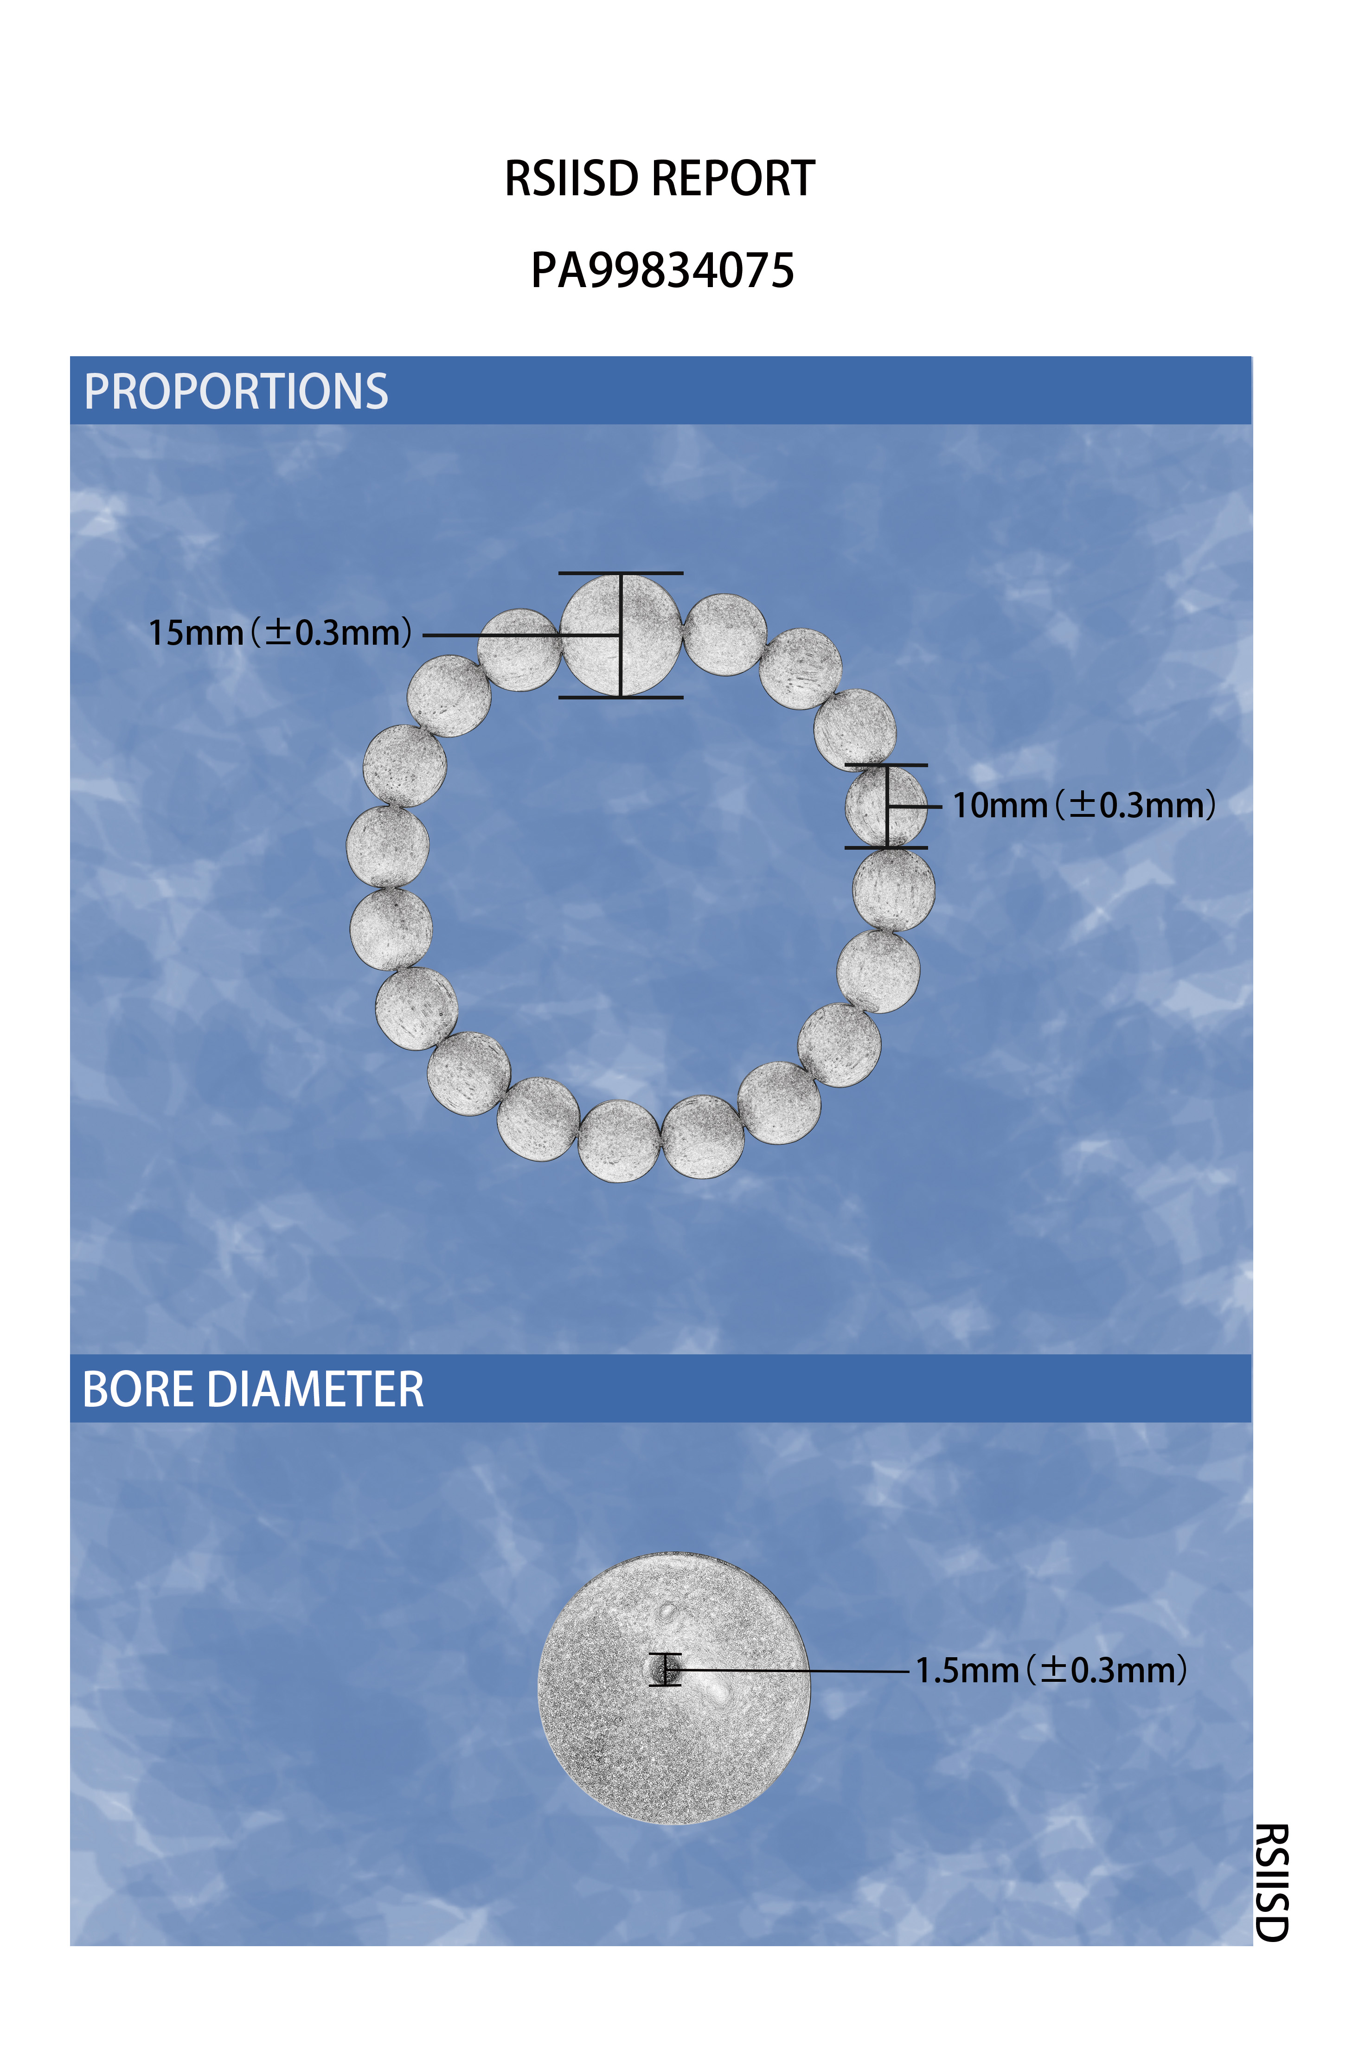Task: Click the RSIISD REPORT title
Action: pos(659,179)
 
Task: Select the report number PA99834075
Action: pos(662,270)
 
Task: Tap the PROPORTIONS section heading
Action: pos(236,391)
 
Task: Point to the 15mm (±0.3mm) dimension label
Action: pos(280,633)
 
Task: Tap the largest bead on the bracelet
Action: pos(621,635)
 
